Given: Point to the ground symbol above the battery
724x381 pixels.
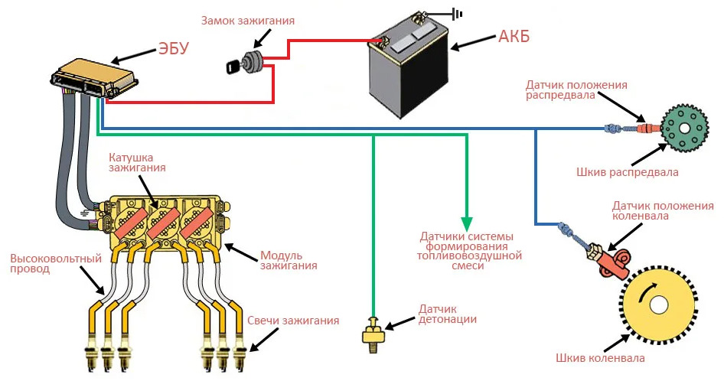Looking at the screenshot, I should click(x=457, y=13).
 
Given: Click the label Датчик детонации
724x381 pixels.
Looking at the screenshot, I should click(x=448, y=314).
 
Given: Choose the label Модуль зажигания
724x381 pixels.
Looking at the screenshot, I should click(x=289, y=260).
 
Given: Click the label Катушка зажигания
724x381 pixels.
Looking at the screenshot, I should click(x=137, y=161).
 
